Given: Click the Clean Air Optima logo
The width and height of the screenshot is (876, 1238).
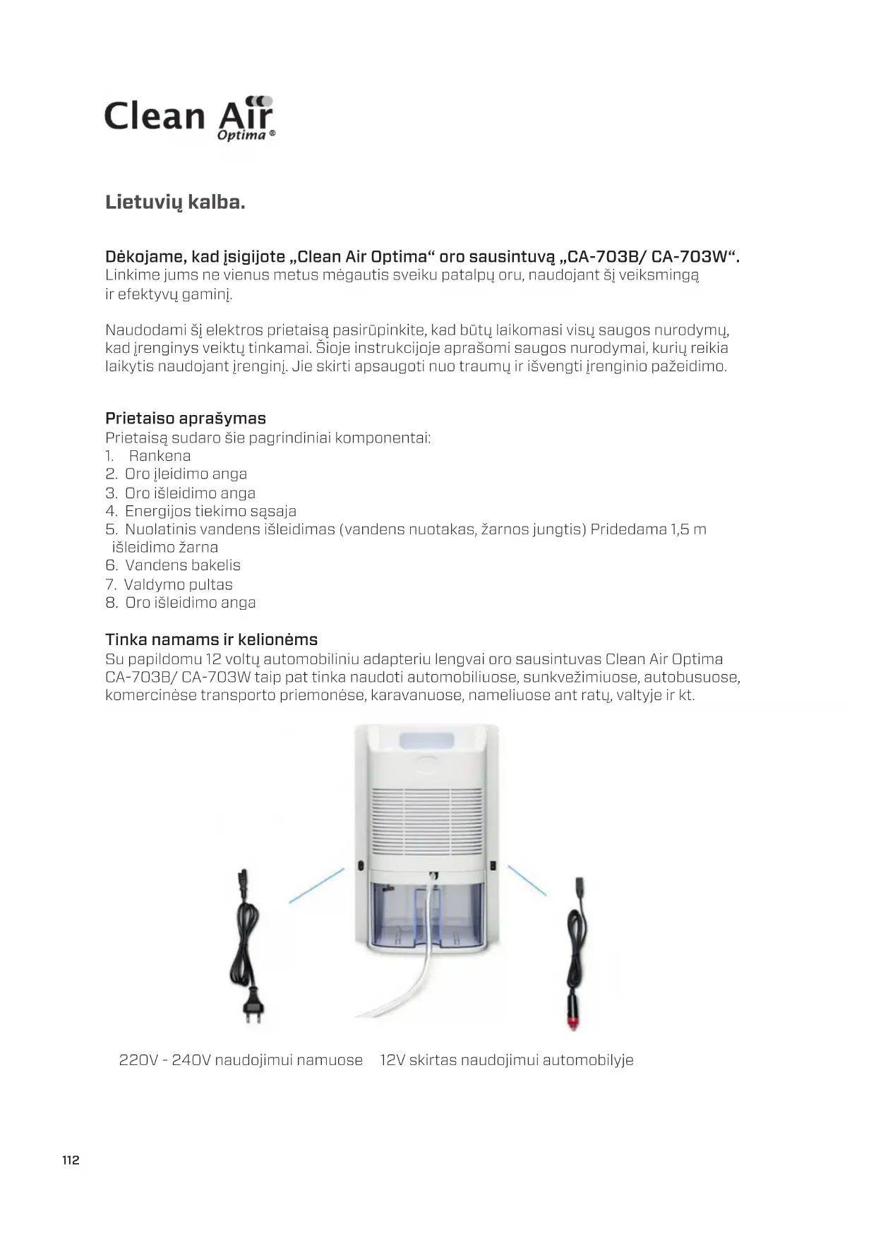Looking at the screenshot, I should coord(189,118).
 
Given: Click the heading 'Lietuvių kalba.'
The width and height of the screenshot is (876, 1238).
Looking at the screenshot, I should coord(175,203).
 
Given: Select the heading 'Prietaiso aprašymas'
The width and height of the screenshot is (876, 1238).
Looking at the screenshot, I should coord(186,419).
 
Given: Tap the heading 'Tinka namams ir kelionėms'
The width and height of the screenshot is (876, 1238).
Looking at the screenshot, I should coord(211,639).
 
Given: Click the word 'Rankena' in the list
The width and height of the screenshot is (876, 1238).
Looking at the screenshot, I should coord(160,456).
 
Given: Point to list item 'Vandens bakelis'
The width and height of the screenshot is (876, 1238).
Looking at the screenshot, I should coord(182,565).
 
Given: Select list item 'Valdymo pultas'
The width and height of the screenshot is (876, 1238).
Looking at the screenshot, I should coord(178,584).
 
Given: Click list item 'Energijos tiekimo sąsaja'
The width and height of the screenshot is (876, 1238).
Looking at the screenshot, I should coord(210,511).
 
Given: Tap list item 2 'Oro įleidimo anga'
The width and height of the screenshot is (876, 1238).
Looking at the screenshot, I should coord(185,474).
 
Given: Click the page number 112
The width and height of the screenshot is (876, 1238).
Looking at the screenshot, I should coord(71,1160).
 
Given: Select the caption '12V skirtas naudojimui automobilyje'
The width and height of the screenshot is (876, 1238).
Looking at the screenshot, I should coord(506,1060).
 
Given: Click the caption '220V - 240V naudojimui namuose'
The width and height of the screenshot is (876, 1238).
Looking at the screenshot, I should coord(241,1060).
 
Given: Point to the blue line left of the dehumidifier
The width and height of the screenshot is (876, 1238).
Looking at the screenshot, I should coord(316,886).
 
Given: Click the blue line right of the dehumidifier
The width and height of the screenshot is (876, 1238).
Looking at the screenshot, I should coord(527,881).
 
